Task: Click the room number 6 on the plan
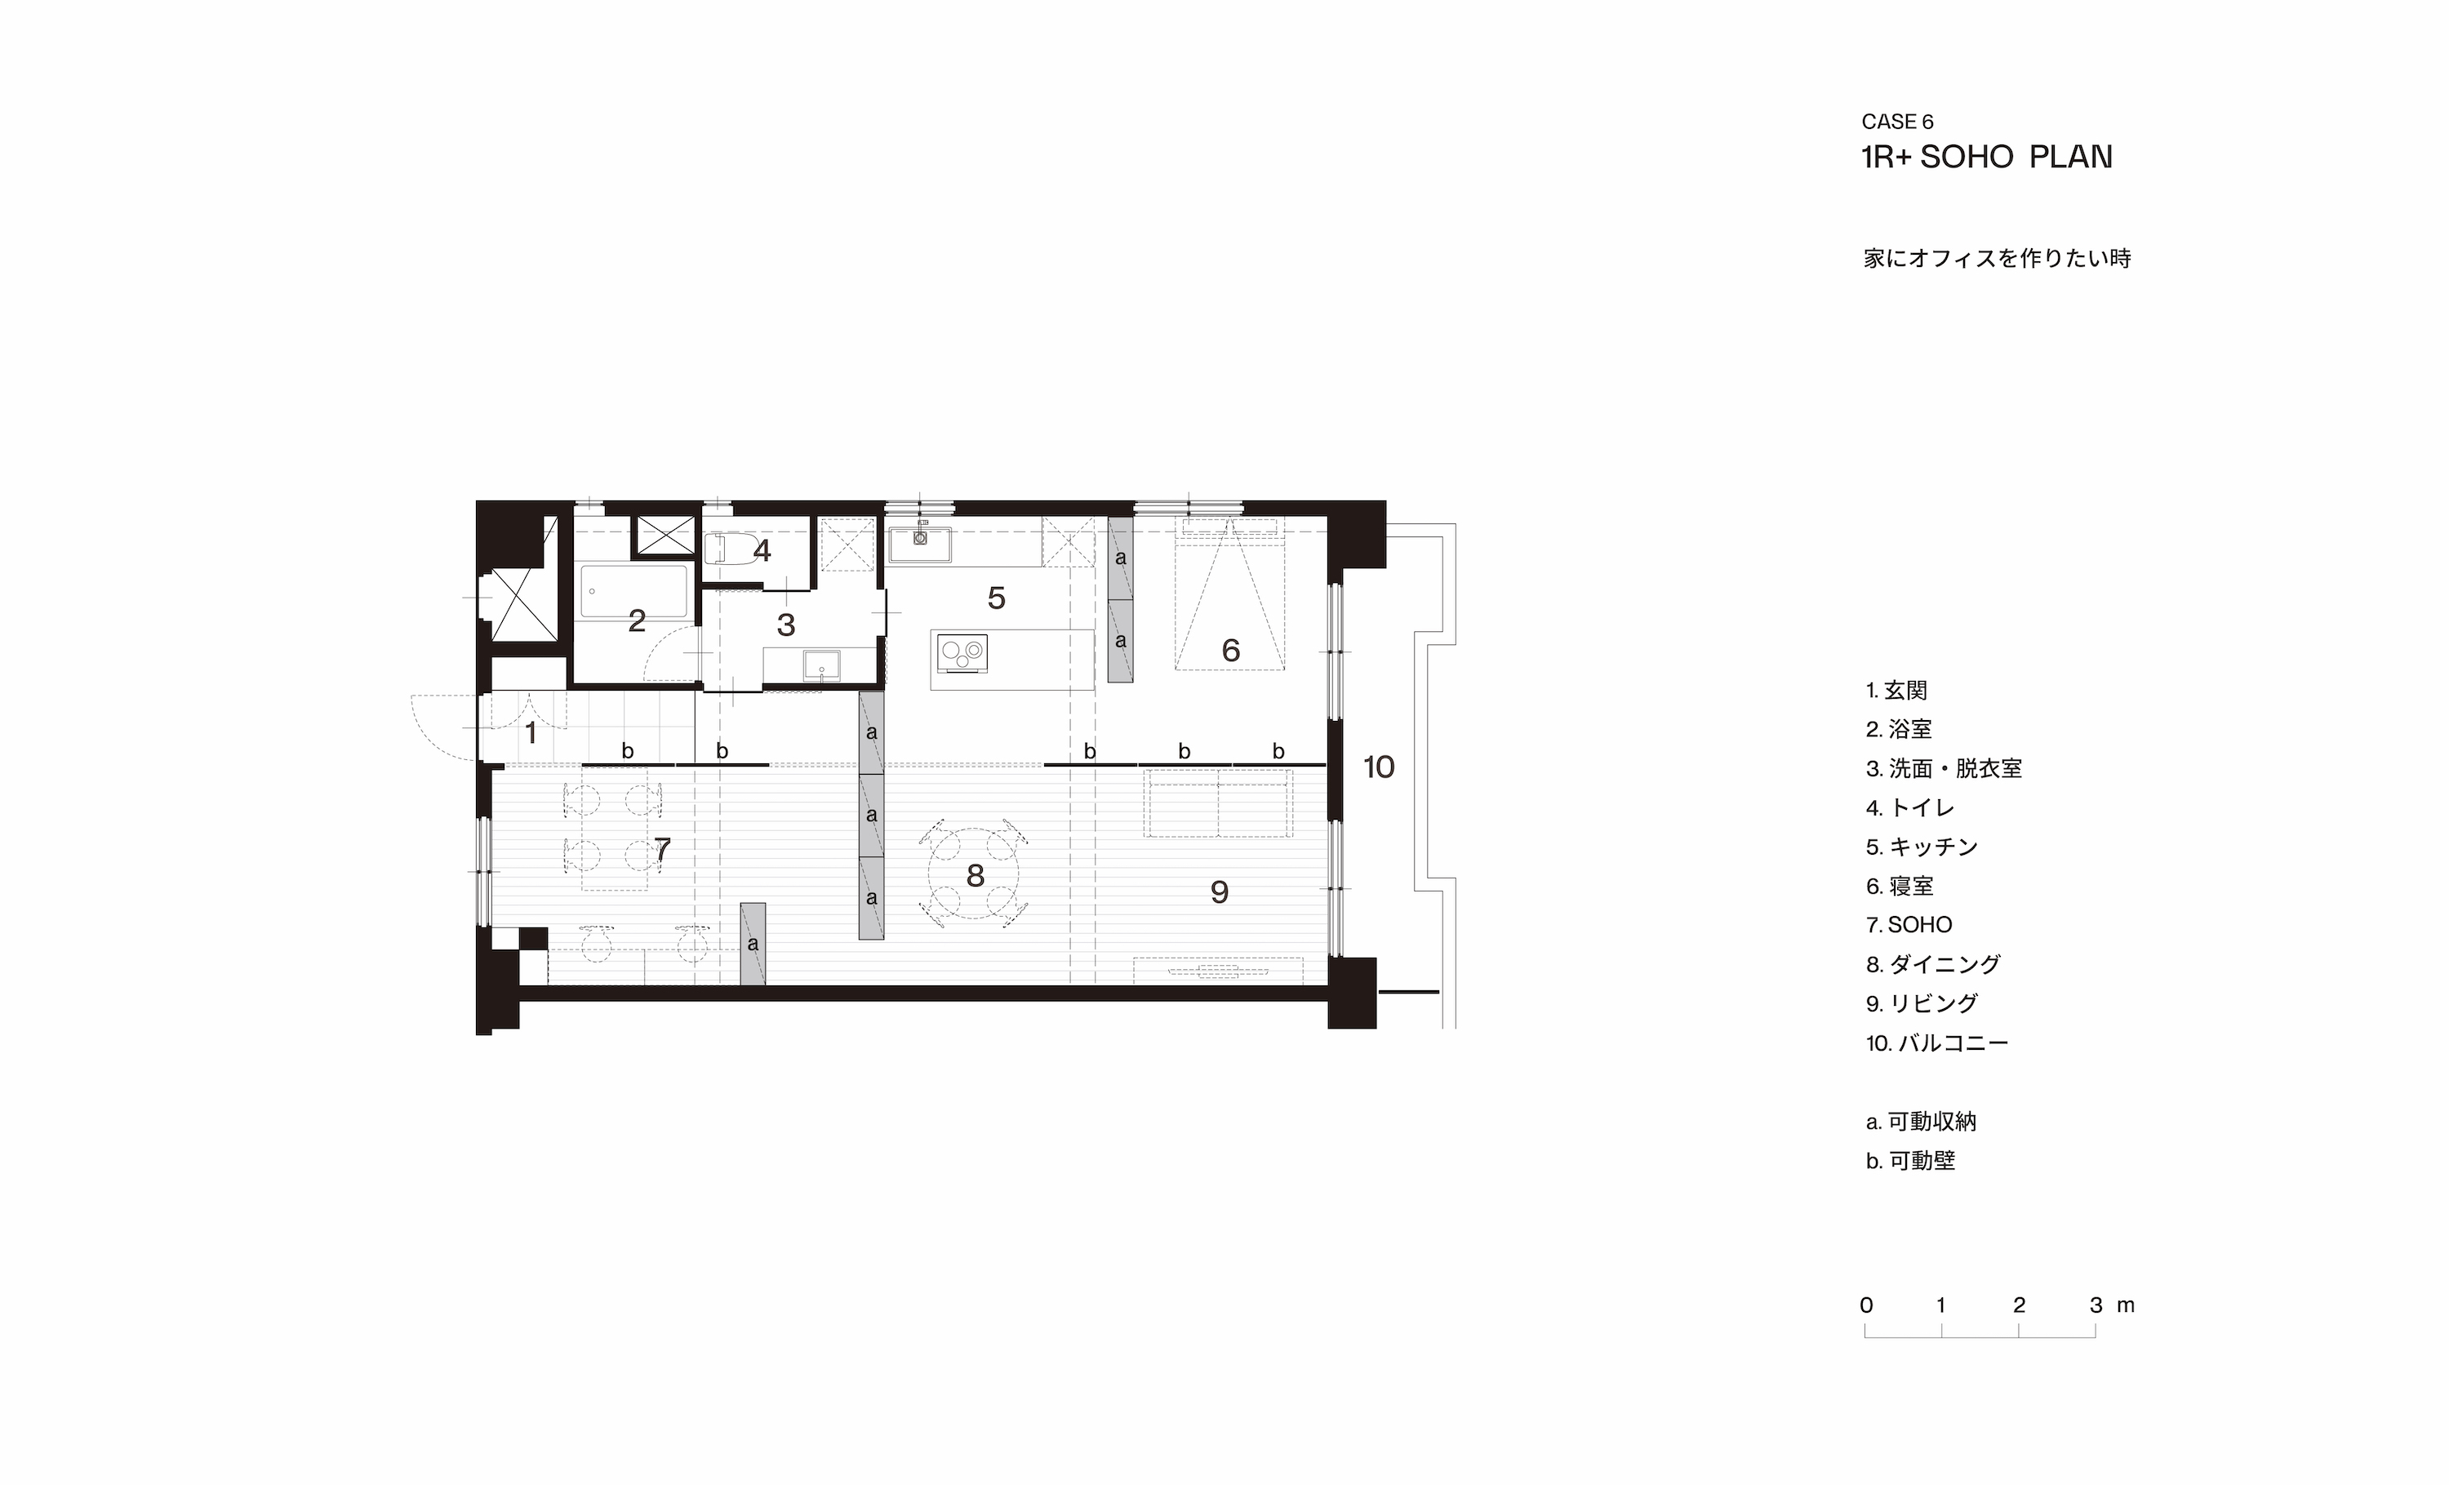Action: pos(1230,650)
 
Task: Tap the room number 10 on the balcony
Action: pos(1379,767)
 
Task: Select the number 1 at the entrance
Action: pos(531,734)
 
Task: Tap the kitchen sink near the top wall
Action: pos(919,543)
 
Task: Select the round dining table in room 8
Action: pos(975,874)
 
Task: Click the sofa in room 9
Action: pos(1219,803)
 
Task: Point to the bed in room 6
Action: pos(1229,594)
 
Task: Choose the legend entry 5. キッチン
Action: pos(1922,847)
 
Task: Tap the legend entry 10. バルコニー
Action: pos(1937,1043)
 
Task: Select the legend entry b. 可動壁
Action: pos(1910,1160)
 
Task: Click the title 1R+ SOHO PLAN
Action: pos(1987,157)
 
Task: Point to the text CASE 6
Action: pos(1897,122)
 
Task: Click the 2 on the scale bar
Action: pos(2019,1305)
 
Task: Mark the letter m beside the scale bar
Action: pos(2125,1306)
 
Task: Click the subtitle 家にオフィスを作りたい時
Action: pos(1997,259)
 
